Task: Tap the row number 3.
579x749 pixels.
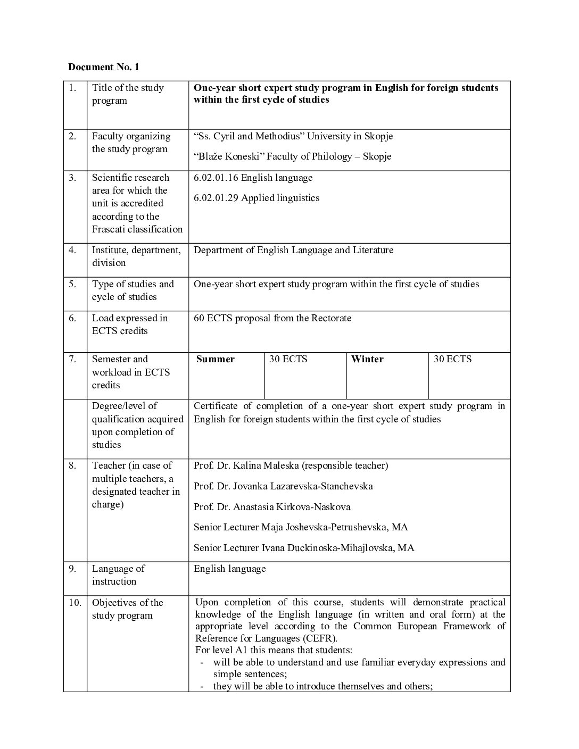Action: point(72,178)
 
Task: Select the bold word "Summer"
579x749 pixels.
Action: point(215,359)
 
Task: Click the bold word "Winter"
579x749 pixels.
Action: point(367,359)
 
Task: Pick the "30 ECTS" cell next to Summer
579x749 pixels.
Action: point(288,359)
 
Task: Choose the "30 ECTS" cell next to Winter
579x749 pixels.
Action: point(452,359)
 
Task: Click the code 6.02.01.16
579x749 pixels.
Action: point(216,178)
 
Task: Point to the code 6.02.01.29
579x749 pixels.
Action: point(216,198)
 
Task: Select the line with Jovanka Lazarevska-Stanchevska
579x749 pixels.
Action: point(283,486)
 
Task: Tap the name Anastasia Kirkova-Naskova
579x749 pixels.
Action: point(272,507)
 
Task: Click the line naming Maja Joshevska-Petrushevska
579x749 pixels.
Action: point(301,527)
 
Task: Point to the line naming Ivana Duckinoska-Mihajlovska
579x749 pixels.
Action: point(304,548)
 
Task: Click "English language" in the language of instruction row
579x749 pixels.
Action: point(229,569)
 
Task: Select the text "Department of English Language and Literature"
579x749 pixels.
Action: point(293,250)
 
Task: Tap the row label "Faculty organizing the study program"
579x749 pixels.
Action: point(131,143)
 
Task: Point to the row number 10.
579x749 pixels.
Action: point(75,603)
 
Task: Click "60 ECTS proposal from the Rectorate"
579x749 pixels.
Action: point(272,318)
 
